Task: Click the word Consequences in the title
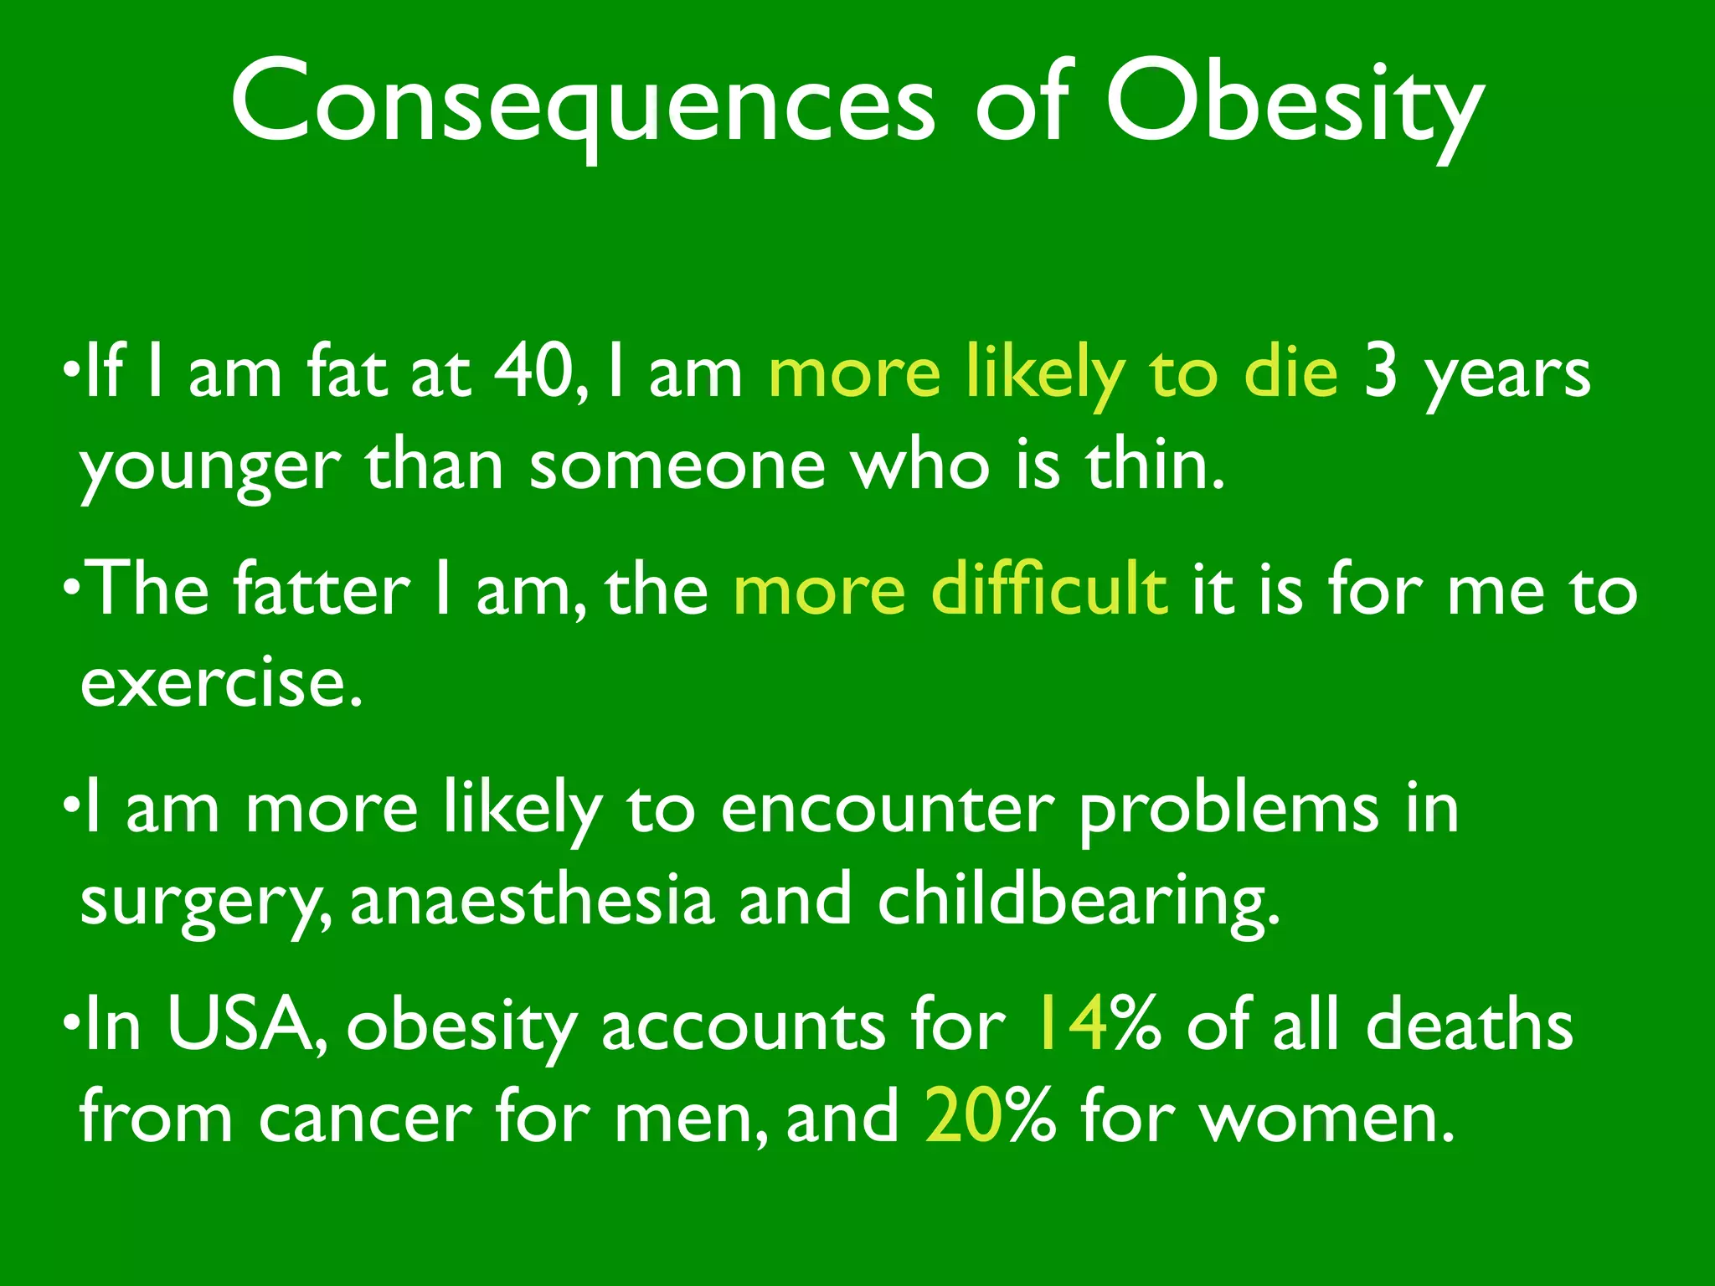tap(582, 105)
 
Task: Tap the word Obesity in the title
tap(1294, 105)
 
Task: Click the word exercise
tap(222, 682)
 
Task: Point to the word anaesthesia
tap(532, 900)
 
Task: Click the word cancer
tap(364, 1119)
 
